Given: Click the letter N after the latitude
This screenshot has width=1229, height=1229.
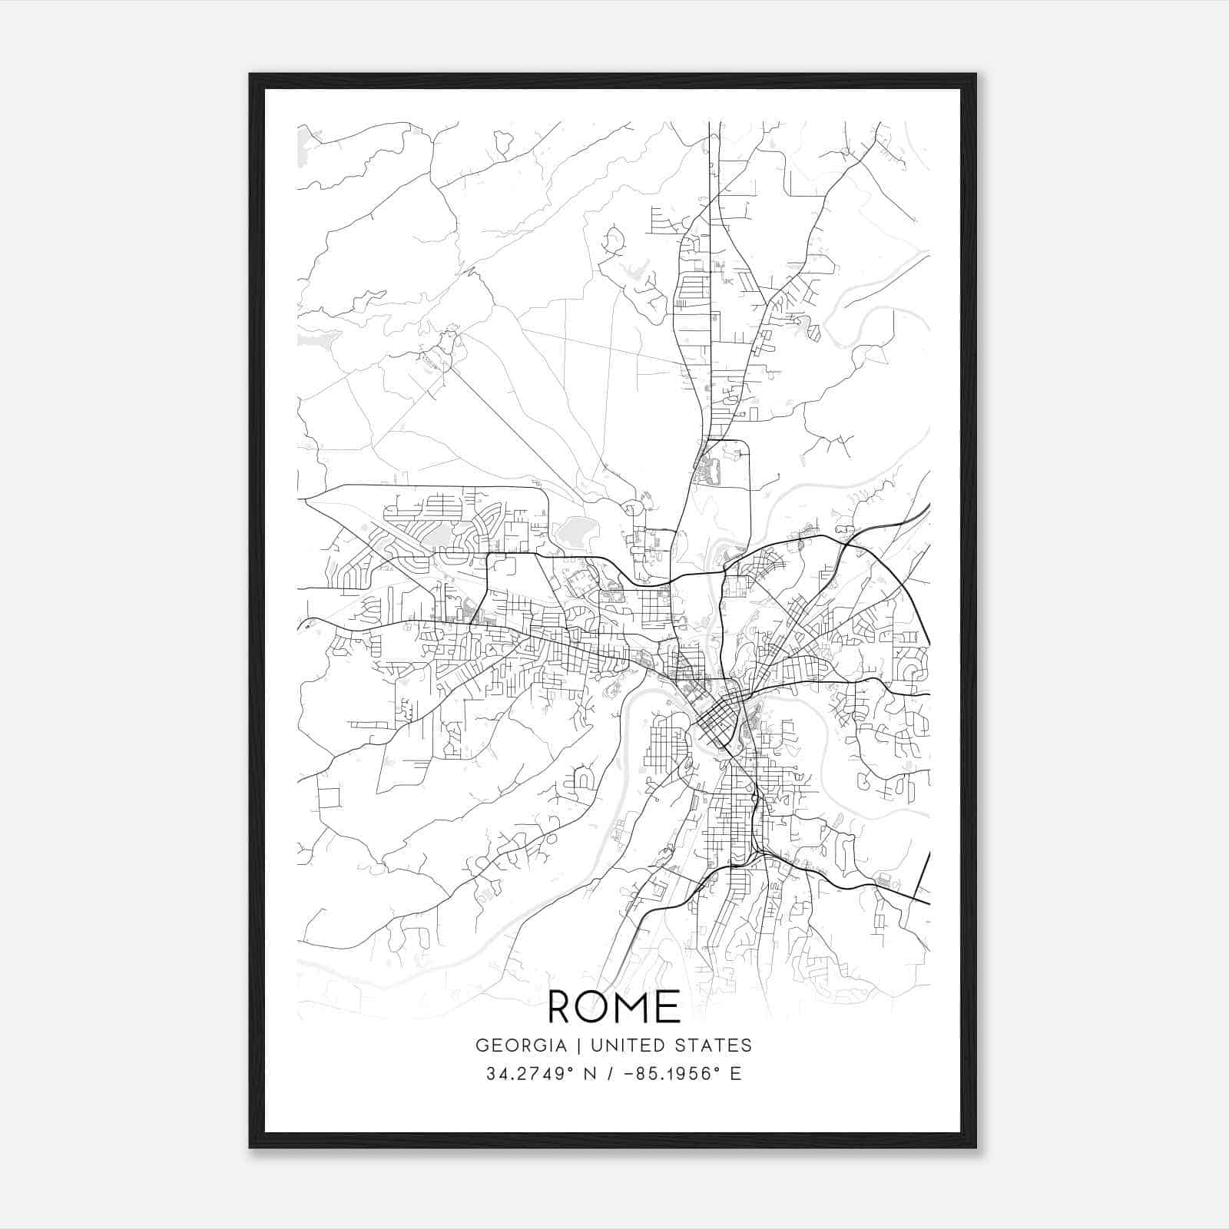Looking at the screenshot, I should point(591,1074).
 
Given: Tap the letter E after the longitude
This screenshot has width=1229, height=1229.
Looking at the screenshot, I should point(736,1074).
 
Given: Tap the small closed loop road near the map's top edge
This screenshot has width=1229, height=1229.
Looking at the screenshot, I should point(504,142).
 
